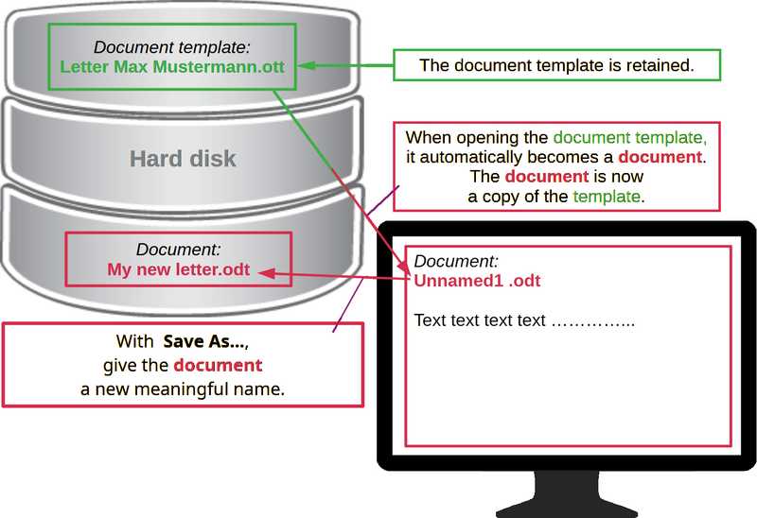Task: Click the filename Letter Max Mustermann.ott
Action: coord(171,66)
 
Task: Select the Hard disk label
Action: coord(183,158)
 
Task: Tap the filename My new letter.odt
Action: coord(178,270)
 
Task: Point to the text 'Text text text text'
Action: coord(481,320)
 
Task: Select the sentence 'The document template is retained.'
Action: coord(556,65)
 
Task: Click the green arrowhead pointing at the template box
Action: coord(305,66)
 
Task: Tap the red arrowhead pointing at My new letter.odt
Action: coord(269,274)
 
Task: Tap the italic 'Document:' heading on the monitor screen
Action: coord(456,261)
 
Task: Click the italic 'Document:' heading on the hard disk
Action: coord(179,250)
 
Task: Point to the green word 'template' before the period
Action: coord(607,197)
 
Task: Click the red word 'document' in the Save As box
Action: coord(218,365)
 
